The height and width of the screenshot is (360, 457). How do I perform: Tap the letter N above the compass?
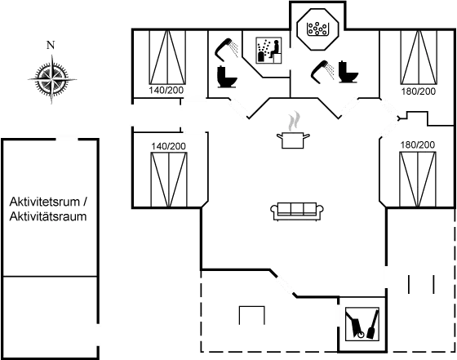50,45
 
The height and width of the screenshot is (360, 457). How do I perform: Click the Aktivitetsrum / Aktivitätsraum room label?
47,209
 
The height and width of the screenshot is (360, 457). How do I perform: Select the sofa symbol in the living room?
295,211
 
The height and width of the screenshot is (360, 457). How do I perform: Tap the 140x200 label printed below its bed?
168,91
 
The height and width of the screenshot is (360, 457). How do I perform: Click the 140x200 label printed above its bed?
168,146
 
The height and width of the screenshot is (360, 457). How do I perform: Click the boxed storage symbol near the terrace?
359,322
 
